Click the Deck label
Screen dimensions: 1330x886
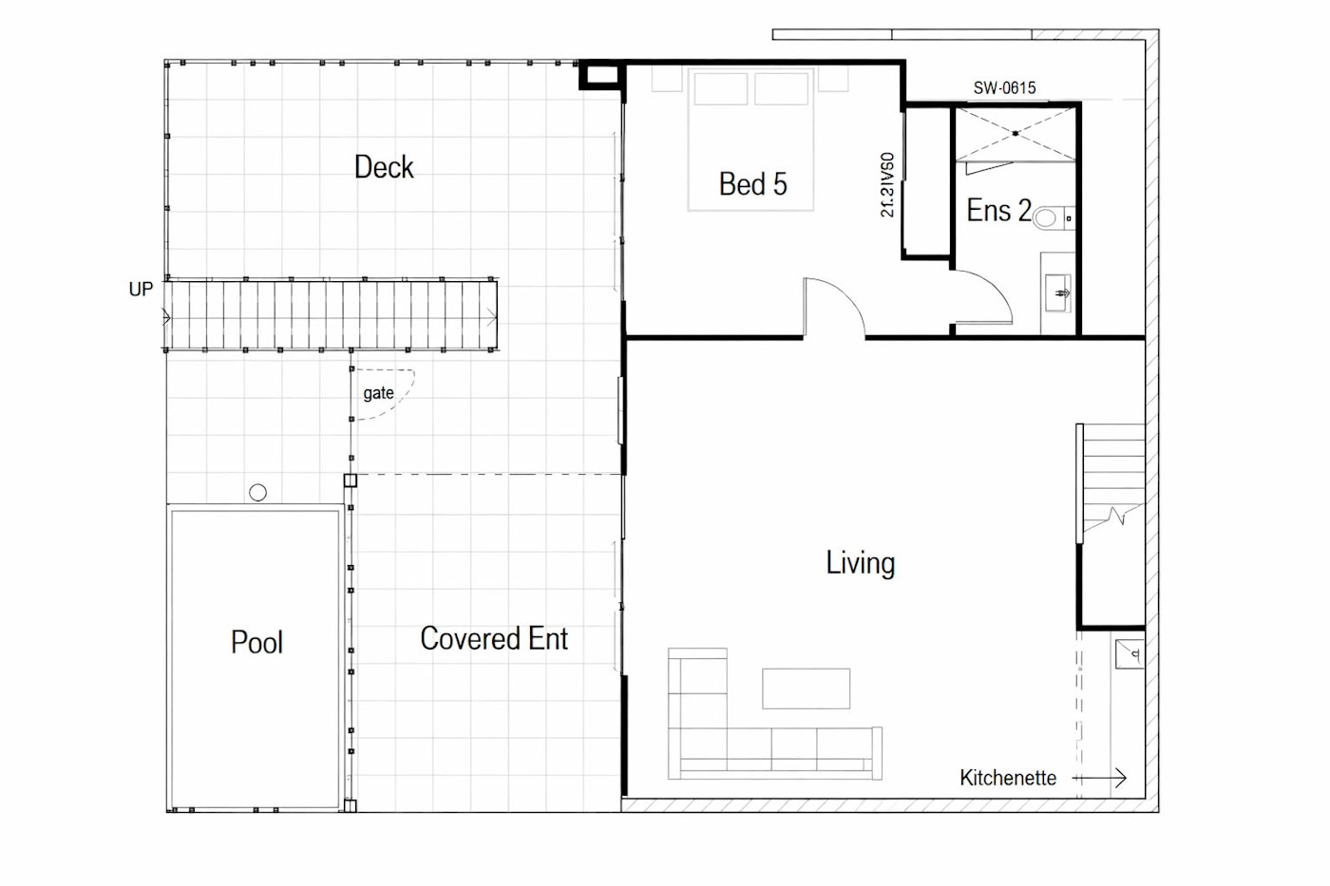[x=384, y=167]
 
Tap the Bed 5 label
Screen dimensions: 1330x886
[x=752, y=184]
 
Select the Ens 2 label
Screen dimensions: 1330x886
[x=998, y=210]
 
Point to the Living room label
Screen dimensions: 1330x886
[x=861, y=562]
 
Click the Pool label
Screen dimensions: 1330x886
[x=256, y=642]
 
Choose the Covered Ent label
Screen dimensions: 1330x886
[x=494, y=638]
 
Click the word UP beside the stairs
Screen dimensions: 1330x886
[x=141, y=289]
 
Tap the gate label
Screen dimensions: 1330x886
[x=378, y=393]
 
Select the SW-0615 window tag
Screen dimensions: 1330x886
[x=1005, y=87]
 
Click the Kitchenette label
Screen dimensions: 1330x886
[x=1008, y=778]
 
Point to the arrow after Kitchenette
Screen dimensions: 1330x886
[x=1099, y=778]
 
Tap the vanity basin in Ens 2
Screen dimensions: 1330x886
[x=1058, y=293]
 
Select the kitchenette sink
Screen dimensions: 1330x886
[x=1129, y=654]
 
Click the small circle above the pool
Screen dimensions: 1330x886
[x=257, y=492]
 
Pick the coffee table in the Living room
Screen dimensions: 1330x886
[x=806, y=688]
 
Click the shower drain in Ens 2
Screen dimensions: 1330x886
[x=1016, y=134]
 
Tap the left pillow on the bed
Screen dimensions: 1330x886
[x=720, y=88]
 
